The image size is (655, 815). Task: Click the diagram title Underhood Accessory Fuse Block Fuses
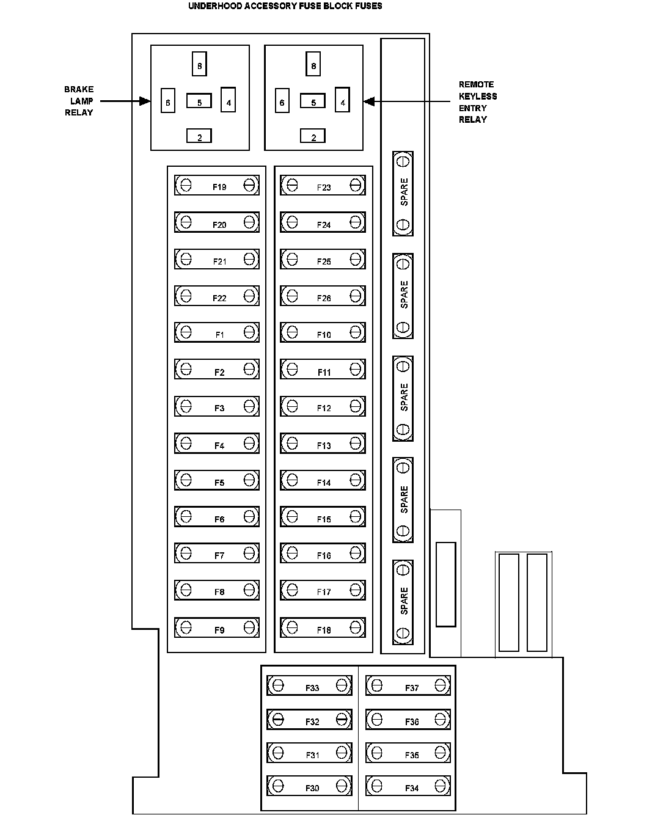[x=285, y=6]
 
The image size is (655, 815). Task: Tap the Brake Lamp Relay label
[x=79, y=101]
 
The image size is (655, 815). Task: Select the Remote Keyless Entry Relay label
[x=477, y=102]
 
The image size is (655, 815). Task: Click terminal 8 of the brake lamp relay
[x=199, y=64]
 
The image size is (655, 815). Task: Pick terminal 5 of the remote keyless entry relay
[x=313, y=102]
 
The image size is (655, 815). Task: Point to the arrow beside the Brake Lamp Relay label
[x=125, y=101]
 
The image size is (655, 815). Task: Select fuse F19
[x=217, y=185]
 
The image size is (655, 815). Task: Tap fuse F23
[x=323, y=185]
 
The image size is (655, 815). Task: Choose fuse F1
[x=217, y=332]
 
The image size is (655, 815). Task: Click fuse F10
[x=323, y=332]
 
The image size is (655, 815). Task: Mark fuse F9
[x=217, y=627]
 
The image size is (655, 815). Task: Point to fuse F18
[x=323, y=627]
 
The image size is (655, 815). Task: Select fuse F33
[x=310, y=685]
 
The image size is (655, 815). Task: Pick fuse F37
[x=408, y=685]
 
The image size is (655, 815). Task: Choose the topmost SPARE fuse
[x=403, y=193]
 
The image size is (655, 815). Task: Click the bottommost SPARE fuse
[x=403, y=601]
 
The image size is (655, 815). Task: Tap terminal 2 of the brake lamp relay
[x=199, y=136]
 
